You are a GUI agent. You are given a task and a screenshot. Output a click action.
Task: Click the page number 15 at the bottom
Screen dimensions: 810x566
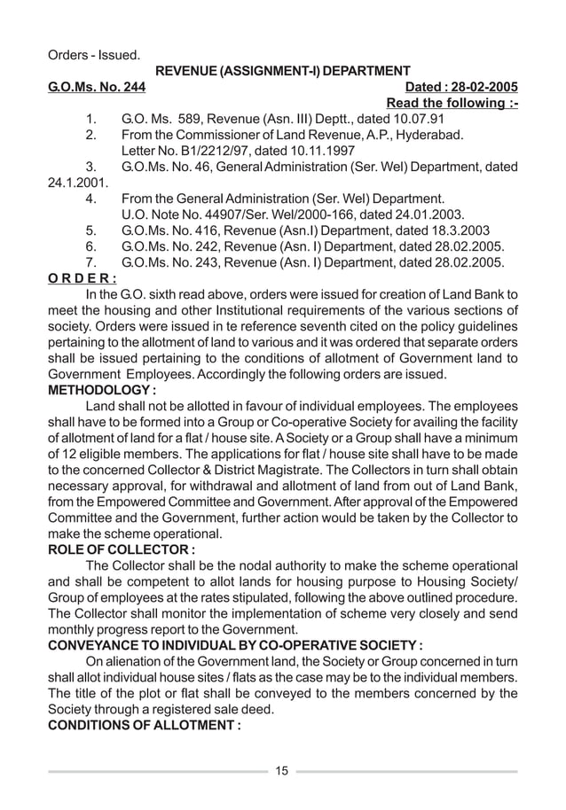(281, 770)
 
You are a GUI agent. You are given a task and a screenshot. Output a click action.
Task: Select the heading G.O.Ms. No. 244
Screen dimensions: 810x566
(97, 88)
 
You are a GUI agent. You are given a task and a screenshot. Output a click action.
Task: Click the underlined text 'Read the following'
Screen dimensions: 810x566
(447, 105)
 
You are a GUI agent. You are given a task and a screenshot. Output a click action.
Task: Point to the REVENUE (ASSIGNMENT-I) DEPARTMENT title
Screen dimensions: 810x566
(282, 71)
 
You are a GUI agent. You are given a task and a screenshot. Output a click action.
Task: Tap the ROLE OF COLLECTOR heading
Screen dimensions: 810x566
(122, 549)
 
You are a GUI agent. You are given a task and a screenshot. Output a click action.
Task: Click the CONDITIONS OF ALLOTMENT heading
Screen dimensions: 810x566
(144, 726)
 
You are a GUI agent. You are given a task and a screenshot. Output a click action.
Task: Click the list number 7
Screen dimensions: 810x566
(89, 262)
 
